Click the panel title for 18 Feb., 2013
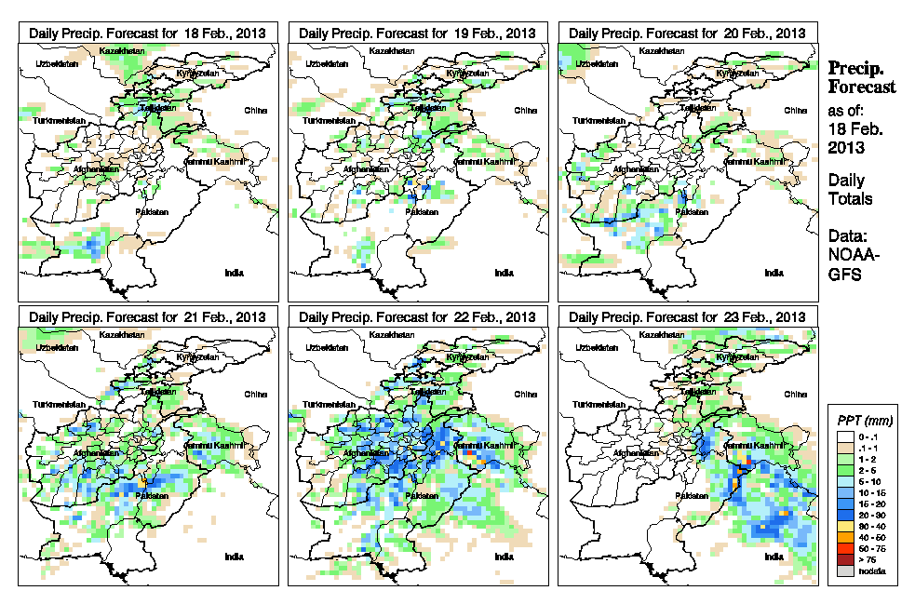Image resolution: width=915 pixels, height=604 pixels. pyautogui.click(x=147, y=33)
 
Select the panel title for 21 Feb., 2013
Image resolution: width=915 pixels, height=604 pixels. pyautogui.click(x=147, y=317)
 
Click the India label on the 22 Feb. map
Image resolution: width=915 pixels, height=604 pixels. pyautogui.click(x=504, y=557)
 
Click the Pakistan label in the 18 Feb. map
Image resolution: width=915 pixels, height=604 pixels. pyautogui.click(x=152, y=212)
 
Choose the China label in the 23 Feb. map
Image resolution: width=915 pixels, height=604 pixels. pyautogui.click(x=795, y=394)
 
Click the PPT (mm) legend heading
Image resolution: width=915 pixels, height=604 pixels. pyautogui.click(x=862, y=422)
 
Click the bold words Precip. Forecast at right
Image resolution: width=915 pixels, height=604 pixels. pyautogui.click(x=862, y=77)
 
